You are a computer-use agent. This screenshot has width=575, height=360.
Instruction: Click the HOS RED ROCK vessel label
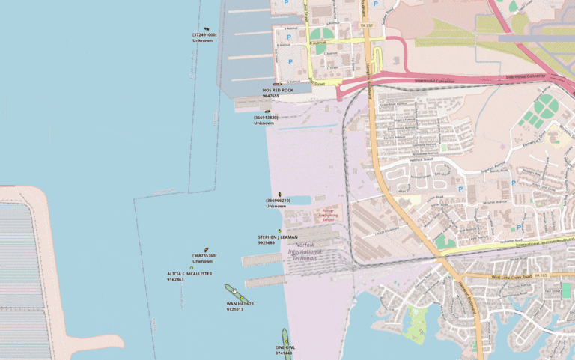click(277, 90)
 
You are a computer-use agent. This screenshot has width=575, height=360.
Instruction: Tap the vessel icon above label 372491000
click(206, 29)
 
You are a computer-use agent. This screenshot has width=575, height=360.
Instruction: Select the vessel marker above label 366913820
click(267, 112)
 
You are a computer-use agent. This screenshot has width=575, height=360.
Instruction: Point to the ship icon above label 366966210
click(279, 195)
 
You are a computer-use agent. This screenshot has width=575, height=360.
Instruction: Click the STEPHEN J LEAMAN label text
click(277, 237)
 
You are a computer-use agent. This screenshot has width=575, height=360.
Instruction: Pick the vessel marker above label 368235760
click(206, 250)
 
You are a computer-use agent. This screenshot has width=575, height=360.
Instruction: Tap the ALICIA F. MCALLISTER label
click(189, 274)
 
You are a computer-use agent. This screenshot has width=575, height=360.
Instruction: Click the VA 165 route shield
click(541, 275)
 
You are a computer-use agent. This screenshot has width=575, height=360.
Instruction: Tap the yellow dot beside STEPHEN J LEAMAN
click(279, 230)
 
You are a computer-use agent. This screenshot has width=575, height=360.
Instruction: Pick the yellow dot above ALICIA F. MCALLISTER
click(191, 267)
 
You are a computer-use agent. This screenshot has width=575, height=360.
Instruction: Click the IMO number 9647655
click(270, 96)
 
